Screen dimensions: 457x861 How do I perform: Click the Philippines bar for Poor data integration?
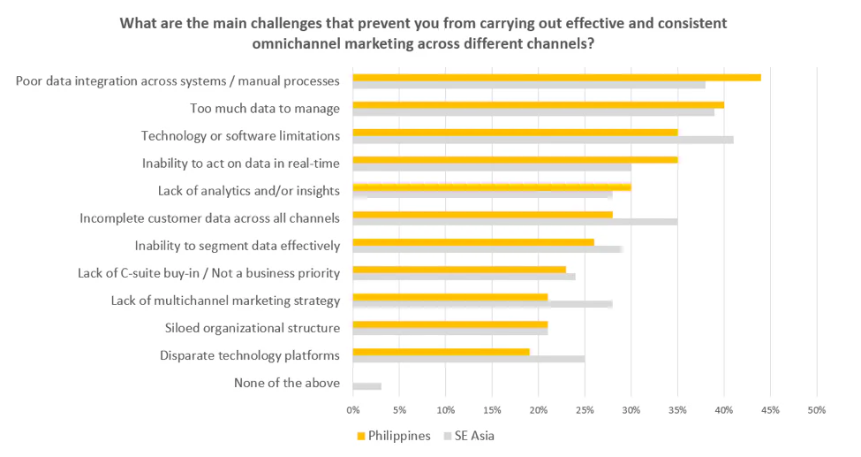click(x=556, y=77)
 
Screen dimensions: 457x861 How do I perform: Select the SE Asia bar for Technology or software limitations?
click(x=542, y=140)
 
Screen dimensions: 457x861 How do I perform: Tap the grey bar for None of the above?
click(x=366, y=386)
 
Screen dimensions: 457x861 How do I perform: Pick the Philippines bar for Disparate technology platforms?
click(x=441, y=351)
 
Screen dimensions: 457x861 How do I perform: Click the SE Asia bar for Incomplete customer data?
click(x=515, y=221)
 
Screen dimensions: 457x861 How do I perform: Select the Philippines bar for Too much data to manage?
click(x=538, y=104)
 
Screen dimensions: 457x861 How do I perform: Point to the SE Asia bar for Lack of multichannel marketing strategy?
click(x=482, y=304)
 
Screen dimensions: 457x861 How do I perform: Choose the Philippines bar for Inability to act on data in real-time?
click(x=515, y=159)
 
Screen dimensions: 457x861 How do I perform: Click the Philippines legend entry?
click(x=394, y=436)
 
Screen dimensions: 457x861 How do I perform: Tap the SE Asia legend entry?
click(x=475, y=436)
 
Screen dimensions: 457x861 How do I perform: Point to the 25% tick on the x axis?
click(x=584, y=410)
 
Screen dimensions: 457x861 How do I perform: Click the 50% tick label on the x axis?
click(x=816, y=410)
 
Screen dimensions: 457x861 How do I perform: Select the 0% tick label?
click(x=352, y=410)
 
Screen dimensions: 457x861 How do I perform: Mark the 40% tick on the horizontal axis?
click(x=723, y=410)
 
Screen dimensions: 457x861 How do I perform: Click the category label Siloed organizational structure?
click(x=252, y=329)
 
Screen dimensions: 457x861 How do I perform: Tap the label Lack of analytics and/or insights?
click(x=248, y=191)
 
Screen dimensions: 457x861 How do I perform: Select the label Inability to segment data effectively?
click(x=237, y=246)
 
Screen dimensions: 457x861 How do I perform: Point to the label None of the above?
click(x=286, y=383)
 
